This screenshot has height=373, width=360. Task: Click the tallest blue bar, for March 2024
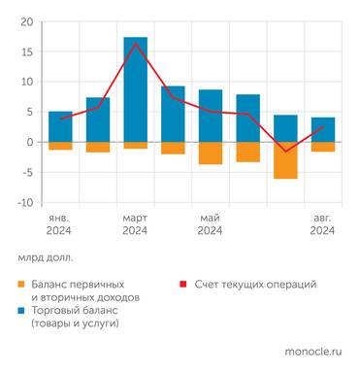pyautogui.click(x=135, y=89)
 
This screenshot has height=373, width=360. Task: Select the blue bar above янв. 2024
pyautogui.click(x=60, y=126)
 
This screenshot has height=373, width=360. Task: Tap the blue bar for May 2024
pyautogui.click(x=211, y=116)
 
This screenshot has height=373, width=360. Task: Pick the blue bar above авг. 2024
pyautogui.click(x=323, y=129)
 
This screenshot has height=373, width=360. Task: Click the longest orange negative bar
pyautogui.click(x=285, y=160)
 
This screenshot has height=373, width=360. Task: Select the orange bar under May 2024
pyautogui.click(x=211, y=153)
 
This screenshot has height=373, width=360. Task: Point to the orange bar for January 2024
pyautogui.click(x=60, y=146)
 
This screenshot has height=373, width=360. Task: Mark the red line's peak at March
pyautogui.click(x=135, y=43)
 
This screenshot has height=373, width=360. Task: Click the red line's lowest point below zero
pyautogui.click(x=285, y=152)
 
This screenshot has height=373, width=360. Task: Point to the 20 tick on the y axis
pyautogui.click(x=26, y=21)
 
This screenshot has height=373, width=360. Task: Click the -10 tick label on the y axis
pyautogui.click(x=24, y=203)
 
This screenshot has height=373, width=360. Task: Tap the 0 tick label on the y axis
pyautogui.click(x=30, y=143)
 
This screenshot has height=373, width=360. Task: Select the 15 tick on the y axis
pyautogui.click(x=26, y=51)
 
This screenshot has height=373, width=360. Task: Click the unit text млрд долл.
pyautogui.click(x=46, y=259)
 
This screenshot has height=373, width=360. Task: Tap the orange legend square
pyautogui.click(x=21, y=284)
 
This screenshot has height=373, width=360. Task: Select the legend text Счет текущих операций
pyautogui.click(x=255, y=284)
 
